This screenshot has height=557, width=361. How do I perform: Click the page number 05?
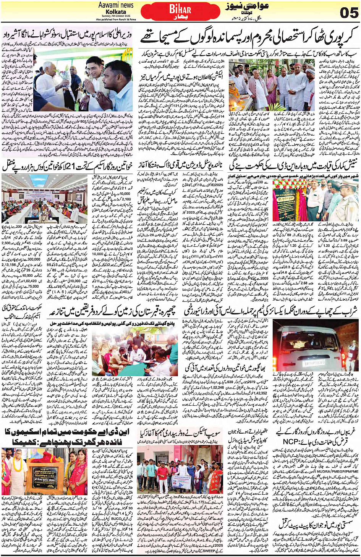click(349, 13)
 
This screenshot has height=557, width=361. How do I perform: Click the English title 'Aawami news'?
click(116, 5)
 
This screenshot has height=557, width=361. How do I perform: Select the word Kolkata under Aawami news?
click(116, 11)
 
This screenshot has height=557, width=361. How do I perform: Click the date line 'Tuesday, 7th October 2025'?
click(116, 16)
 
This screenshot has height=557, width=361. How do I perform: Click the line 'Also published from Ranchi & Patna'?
click(116, 19)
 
